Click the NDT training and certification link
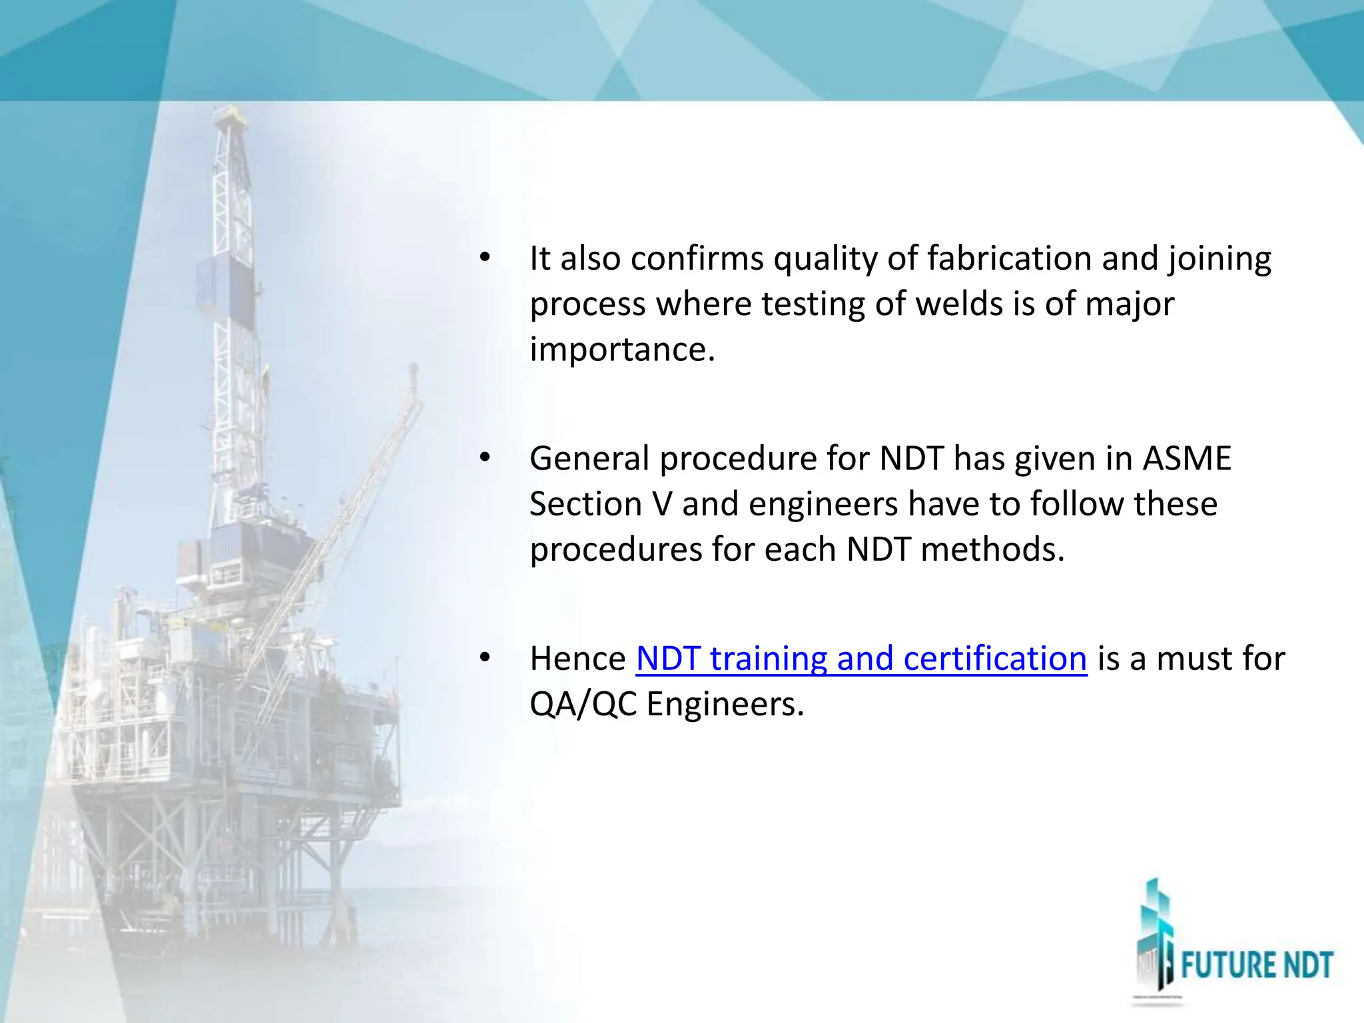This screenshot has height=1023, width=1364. coord(861,659)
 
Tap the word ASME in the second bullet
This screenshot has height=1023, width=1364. coord(1187,459)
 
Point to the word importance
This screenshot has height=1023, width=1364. coord(621,350)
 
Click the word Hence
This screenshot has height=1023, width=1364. coord(577,659)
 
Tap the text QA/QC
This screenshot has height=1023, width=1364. coord(583,704)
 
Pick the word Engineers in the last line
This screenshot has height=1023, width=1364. coord(725,704)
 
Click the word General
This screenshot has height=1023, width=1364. coord(589,459)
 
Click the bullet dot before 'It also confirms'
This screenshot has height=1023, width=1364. coord(484,257)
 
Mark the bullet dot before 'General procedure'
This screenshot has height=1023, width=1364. coord(484,458)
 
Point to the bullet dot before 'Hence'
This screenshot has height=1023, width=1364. coord(484,658)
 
